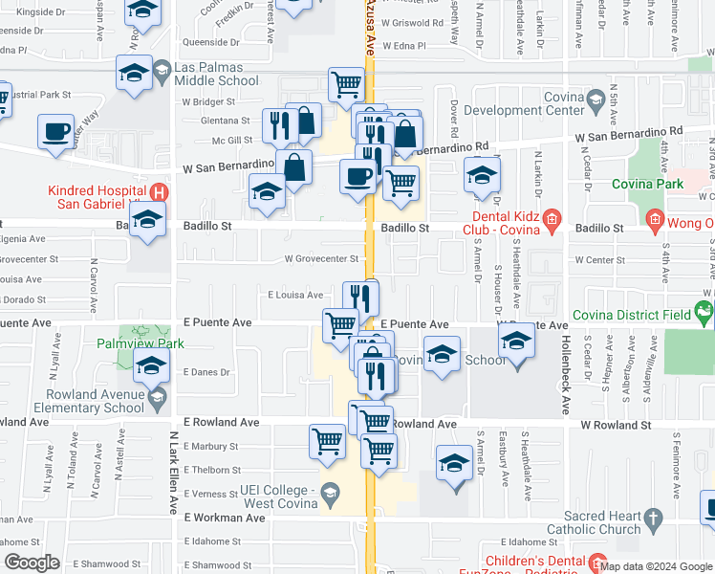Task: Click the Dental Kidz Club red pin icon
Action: (552, 222)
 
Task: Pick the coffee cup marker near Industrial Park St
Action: (56, 130)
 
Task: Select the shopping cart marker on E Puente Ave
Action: (340, 325)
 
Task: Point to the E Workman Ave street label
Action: (224, 518)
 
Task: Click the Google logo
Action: (33, 563)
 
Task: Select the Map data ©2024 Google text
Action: (655, 566)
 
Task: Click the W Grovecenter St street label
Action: (321, 258)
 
